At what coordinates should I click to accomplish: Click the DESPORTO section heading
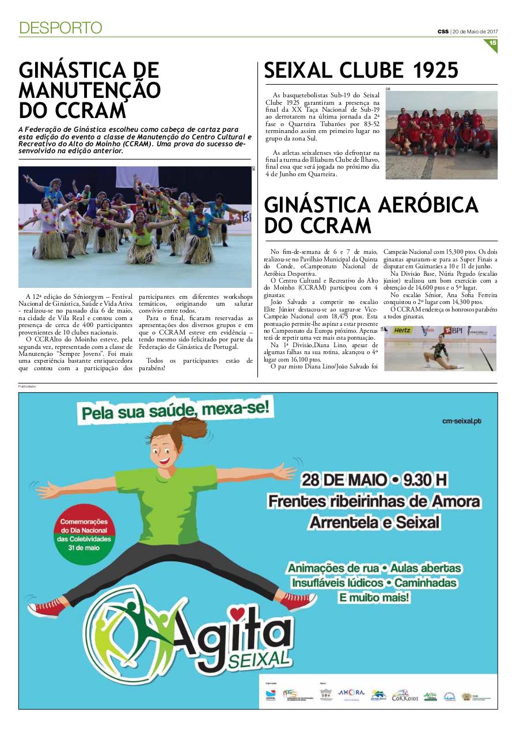pos(60,28)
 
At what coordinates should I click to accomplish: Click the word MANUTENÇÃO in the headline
pos(89,90)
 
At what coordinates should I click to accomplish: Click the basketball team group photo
pos(441,135)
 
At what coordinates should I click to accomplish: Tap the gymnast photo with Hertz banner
pos(441,348)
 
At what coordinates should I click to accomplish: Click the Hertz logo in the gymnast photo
pos(403,330)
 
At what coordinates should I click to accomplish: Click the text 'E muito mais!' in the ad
pos(375,598)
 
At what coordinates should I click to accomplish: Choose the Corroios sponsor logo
pos(404,696)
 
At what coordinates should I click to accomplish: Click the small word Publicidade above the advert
pos(27,386)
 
